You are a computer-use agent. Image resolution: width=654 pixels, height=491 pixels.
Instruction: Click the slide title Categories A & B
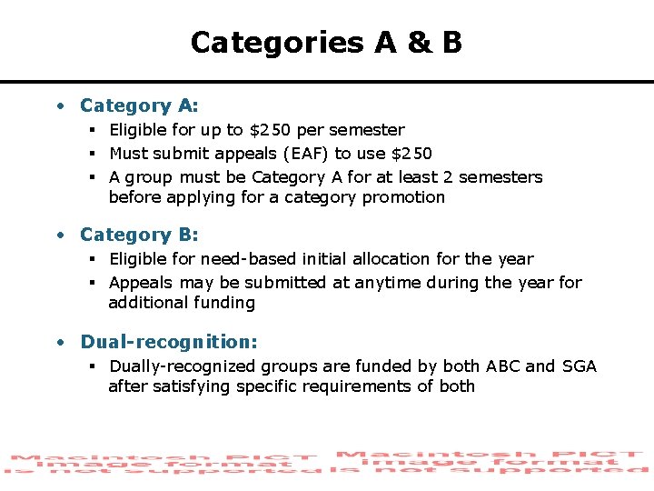point(326,43)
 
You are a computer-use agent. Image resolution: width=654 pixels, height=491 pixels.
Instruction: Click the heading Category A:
point(139,106)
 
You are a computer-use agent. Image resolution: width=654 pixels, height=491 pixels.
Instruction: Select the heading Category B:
point(139,235)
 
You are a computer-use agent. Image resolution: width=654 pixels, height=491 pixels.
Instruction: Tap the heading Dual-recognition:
point(169,342)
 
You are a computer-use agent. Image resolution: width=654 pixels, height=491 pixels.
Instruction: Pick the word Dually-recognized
point(183,366)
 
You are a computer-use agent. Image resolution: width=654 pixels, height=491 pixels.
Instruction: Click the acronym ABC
point(503,366)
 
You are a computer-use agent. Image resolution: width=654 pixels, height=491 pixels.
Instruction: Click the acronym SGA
point(579,366)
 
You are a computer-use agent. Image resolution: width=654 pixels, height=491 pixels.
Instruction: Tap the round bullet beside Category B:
point(59,235)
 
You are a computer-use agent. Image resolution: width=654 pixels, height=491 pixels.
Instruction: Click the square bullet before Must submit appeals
point(94,154)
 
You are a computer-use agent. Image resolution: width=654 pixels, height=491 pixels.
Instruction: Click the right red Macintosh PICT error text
point(490,462)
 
